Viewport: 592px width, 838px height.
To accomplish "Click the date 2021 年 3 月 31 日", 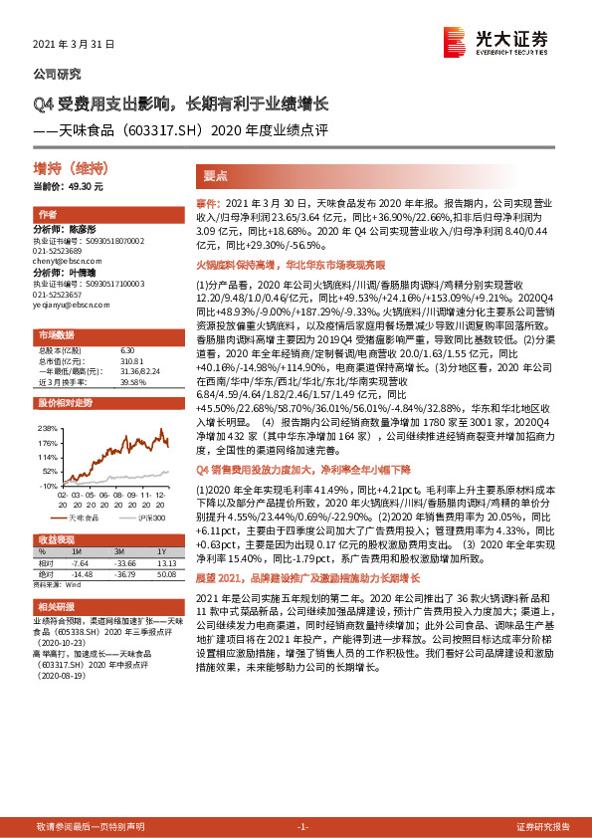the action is click(x=75, y=46).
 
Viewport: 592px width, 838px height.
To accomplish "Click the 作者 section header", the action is click(x=47, y=215).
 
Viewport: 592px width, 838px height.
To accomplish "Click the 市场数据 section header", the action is click(x=56, y=334).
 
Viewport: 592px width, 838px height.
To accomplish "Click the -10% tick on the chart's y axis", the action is click(x=48, y=485).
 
